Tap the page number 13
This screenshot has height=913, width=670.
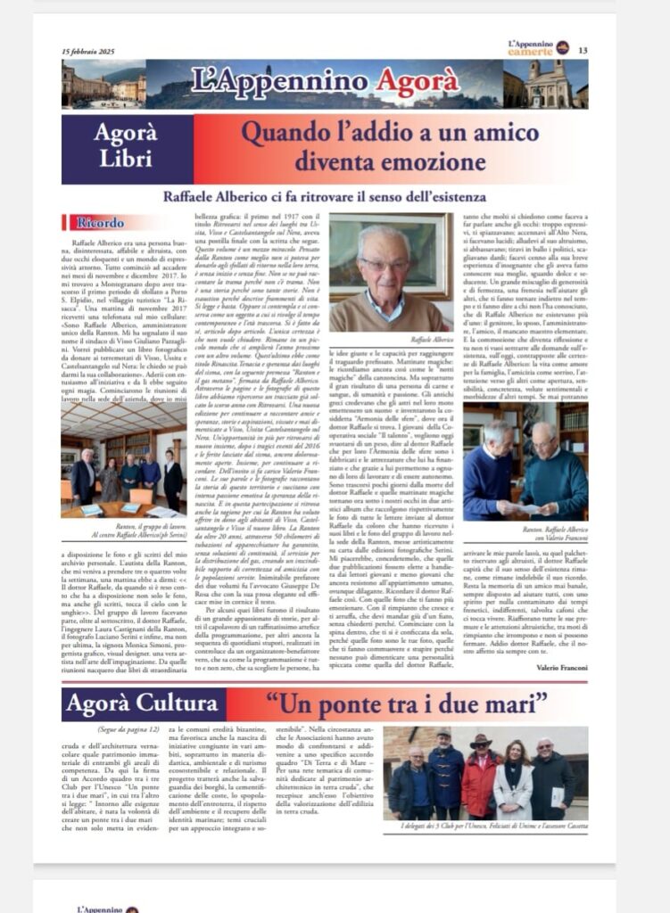click(x=583, y=50)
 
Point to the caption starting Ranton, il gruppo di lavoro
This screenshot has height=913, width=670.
click(x=124, y=531)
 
